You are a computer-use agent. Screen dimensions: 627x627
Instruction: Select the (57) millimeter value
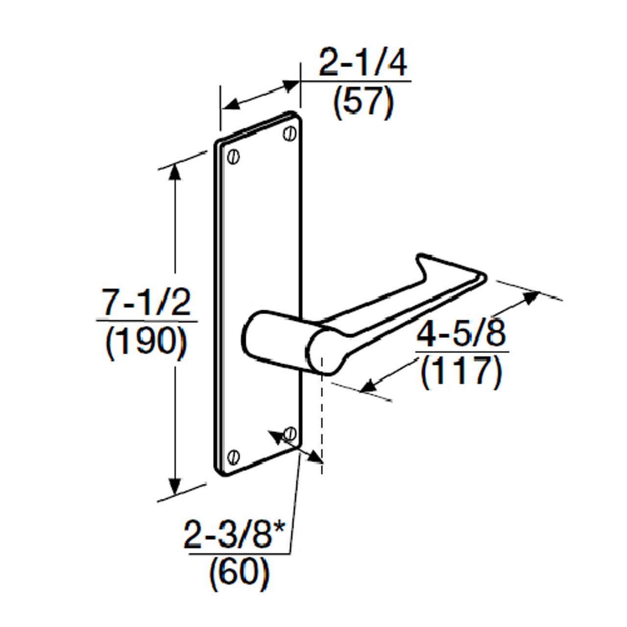(x=363, y=102)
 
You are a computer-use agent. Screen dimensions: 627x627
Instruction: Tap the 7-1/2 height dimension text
(x=146, y=303)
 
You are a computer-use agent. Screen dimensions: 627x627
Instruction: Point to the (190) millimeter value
(x=146, y=342)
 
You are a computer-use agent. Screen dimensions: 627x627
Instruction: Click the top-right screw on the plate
(x=290, y=132)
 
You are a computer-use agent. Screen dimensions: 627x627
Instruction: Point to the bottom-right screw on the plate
(x=290, y=433)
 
